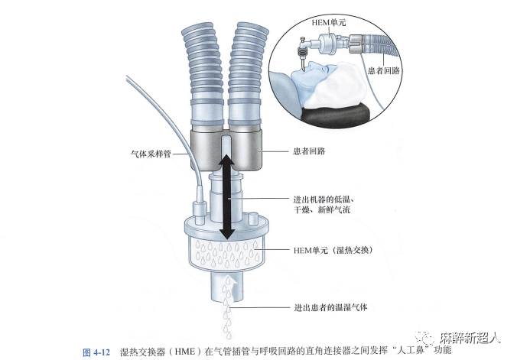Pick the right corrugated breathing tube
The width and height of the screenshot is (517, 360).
(251, 69)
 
